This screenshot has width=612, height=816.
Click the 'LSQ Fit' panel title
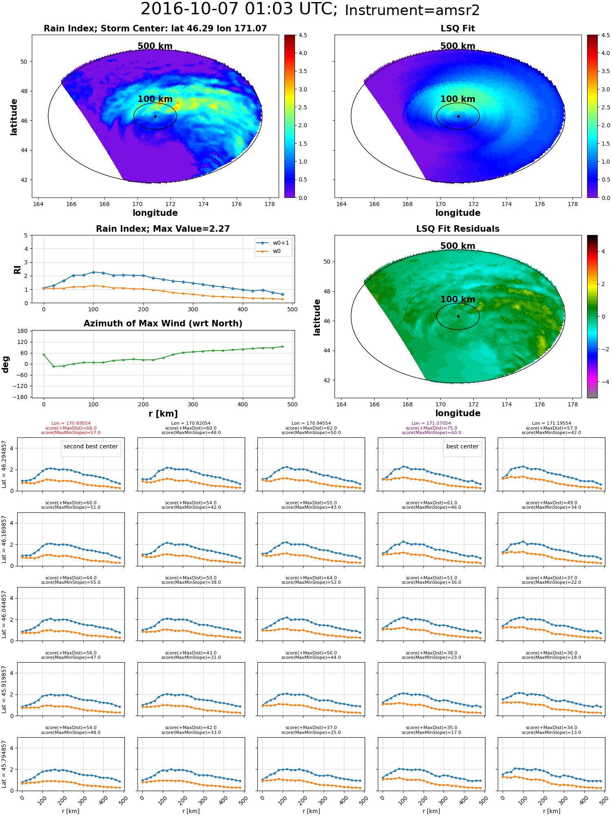(458, 29)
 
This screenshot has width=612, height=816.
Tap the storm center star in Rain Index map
(155, 116)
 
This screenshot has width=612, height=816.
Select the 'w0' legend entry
(277, 251)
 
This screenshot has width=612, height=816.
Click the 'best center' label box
(462, 447)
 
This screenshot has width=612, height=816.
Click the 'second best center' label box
(91, 447)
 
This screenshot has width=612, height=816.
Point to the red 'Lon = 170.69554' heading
(71, 424)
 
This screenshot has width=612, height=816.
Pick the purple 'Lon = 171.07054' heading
(431, 424)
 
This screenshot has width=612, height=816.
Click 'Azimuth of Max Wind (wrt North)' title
(163, 324)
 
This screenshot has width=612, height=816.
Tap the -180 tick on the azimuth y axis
(22, 397)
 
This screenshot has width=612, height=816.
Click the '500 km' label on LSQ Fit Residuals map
(458, 246)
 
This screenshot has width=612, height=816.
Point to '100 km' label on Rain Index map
(155, 99)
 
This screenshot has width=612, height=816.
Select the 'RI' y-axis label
(17, 269)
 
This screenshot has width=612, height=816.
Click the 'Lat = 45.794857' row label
(4, 764)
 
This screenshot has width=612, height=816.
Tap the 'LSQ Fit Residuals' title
(458, 229)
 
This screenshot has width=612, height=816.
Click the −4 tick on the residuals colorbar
(603, 382)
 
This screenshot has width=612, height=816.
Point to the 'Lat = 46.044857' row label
(4, 614)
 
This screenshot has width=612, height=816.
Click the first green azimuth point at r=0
(44, 355)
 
